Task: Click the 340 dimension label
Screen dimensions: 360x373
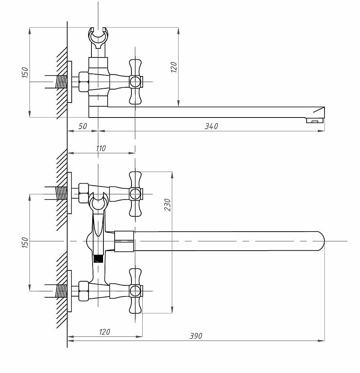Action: [x=211, y=126]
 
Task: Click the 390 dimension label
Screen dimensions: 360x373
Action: [x=195, y=336]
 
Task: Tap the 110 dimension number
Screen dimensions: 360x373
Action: [x=100, y=148]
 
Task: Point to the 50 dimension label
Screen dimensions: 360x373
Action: [x=83, y=126]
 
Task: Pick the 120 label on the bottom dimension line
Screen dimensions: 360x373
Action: [x=105, y=332]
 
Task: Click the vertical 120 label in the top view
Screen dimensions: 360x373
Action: [x=174, y=67]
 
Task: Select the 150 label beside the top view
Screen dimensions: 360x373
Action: [x=25, y=72]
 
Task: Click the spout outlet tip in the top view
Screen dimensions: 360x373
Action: [x=314, y=120]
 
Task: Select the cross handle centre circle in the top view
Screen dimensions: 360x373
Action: [x=135, y=81]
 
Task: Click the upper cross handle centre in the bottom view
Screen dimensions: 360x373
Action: [x=135, y=194]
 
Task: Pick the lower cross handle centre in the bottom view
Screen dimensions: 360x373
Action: [x=135, y=291]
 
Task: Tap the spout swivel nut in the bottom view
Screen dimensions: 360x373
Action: [x=124, y=241]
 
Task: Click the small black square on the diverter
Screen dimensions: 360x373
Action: [x=99, y=258]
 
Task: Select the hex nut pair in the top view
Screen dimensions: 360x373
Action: [x=83, y=82]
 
